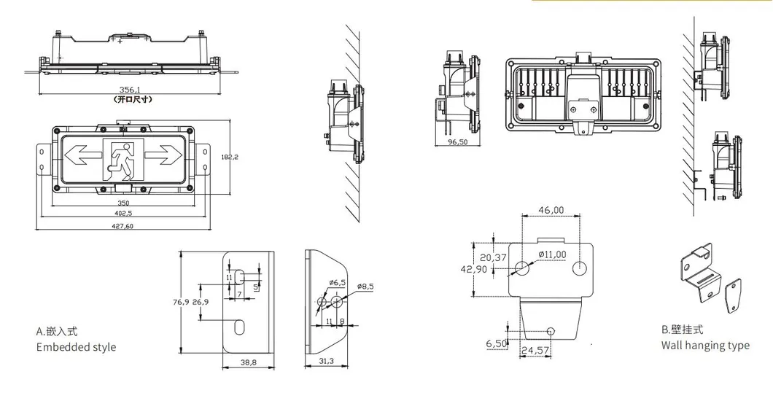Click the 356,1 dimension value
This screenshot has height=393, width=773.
[x=130, y=90]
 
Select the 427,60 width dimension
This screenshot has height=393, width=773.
[x=123, y=226]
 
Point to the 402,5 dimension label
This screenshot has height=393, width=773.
[x=123, y=213]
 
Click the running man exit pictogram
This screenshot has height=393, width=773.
[x=123, y=159]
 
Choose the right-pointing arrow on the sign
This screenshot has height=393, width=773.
[x=164, y=155]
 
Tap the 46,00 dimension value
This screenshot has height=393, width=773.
[x=551, y=210]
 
